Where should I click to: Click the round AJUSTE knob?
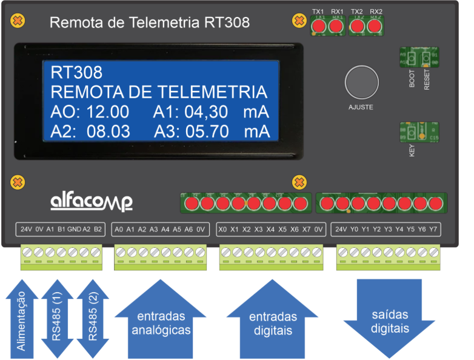coord(361,82)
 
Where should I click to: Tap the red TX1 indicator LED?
coord(318,25)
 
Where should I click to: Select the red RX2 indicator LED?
coord(376,25)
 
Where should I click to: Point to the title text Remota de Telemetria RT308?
coord(149,23)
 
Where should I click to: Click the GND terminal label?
coord(74,230)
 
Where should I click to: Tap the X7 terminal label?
coord(306,230)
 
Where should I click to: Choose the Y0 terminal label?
coord(354,230)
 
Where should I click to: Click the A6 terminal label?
coord(189,230)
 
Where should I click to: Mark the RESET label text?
coord(427,79)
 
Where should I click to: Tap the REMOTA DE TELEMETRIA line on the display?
coord(159,92)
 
